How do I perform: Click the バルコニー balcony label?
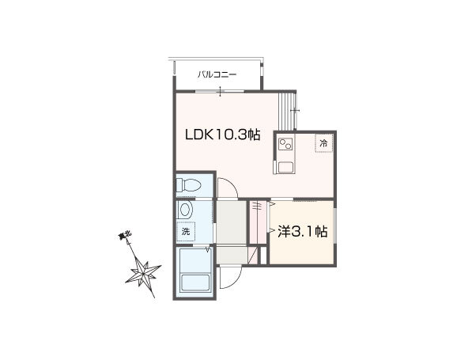[217, 74]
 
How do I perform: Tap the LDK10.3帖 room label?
[222, 135]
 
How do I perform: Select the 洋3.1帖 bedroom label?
[302, 231]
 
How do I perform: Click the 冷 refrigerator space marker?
[323, 143]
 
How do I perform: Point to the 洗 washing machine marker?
[186, 231]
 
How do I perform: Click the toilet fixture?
[188, 184]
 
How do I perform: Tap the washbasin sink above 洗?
[185, 210]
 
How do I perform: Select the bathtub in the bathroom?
[195, 283]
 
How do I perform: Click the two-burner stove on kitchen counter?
[285, 144]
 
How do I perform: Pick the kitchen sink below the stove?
[285, 167]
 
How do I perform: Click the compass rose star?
[144, 272]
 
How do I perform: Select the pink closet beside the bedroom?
[258, 222]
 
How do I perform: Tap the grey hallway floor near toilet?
[232, 222]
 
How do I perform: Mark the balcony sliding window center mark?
[221, 91]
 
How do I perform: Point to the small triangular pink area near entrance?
[255, 255]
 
